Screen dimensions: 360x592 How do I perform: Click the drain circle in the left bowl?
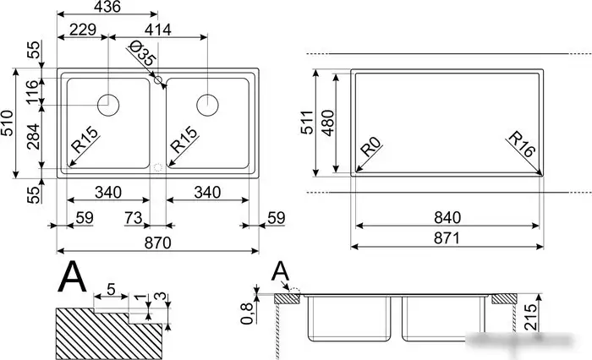pyautogui.click(x=108, y=105)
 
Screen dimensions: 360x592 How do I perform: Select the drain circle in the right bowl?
pyautogui.click(x=208, y=105)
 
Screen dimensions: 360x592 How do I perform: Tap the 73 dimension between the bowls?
pyautogui.click(x=134, y=219)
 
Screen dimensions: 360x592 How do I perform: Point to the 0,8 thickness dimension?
pyautogui.click(x=248, y=313)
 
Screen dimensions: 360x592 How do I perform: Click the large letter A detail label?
pyautogui.click(x=74, y=276)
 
